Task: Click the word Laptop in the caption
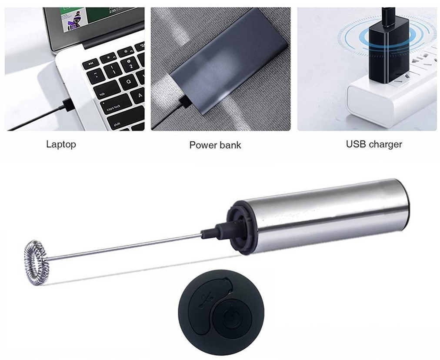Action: (61, 144)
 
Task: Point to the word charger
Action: (385, 144)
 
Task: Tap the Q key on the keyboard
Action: (129, 81)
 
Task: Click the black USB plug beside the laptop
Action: (68, 105)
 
